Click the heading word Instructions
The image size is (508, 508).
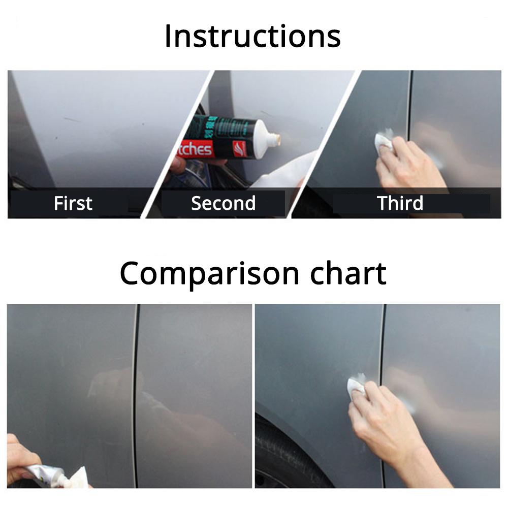(x=252, y=36)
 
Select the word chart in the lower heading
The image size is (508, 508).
(x=348, y=273)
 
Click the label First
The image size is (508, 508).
(x=73, y=203)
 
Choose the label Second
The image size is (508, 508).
(x=223, y=203)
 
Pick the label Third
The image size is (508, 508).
(x=400, y=203)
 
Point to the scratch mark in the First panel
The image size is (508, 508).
(x=72, y=120)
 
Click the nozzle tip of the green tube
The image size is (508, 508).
(x=275, y=138)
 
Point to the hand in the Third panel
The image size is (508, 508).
(x=406, y=165)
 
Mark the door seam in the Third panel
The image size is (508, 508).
(x=409, y=127)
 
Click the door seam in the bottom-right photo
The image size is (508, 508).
(x=383, y=356)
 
